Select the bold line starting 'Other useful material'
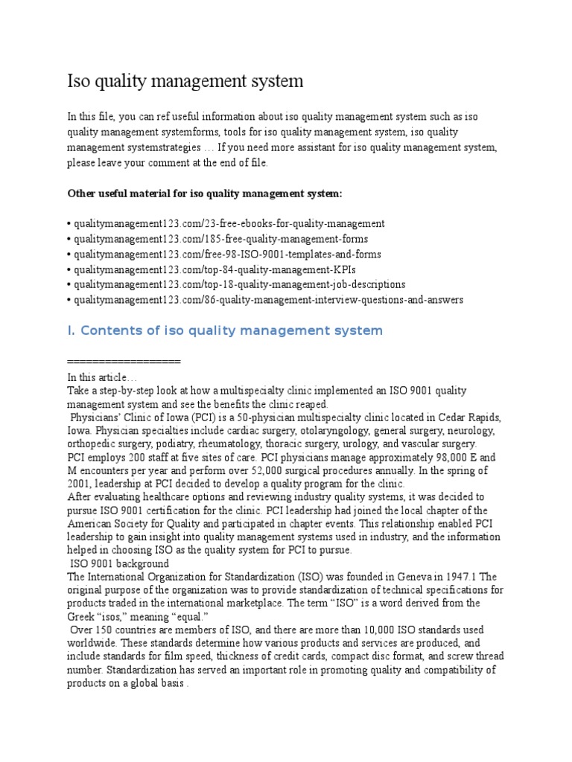[205, 193]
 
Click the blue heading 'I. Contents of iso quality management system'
[225, 330]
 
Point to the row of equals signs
[124, 361]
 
